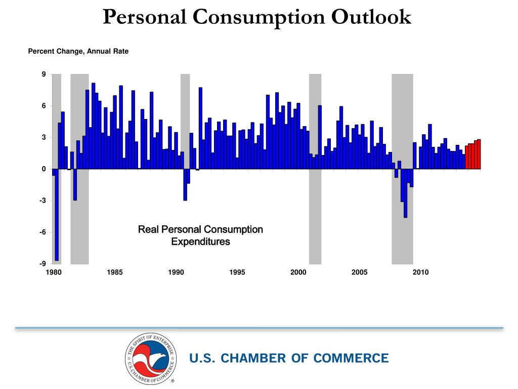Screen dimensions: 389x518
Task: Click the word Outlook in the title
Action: [371, 17]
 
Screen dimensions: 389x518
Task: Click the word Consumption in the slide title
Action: [261, 17]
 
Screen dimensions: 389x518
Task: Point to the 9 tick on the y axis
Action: [44, 74]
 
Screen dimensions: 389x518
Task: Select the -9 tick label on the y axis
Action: [43, 263]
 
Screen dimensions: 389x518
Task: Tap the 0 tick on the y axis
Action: [44, 169]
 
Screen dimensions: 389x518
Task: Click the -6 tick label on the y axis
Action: [43, 232]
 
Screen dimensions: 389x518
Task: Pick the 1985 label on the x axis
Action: [115, 273]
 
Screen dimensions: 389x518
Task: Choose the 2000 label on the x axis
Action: [298, 273]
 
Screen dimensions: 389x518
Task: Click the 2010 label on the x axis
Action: [420, 273]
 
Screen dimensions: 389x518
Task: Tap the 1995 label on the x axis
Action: [237, 273]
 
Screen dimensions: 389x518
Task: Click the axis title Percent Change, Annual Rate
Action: [78, 51]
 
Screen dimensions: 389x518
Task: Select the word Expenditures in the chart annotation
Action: [200, 242]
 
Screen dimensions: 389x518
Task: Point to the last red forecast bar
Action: [479, 154]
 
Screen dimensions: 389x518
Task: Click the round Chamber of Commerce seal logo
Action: [151, 359]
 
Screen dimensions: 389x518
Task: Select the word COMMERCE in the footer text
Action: [351, 359]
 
